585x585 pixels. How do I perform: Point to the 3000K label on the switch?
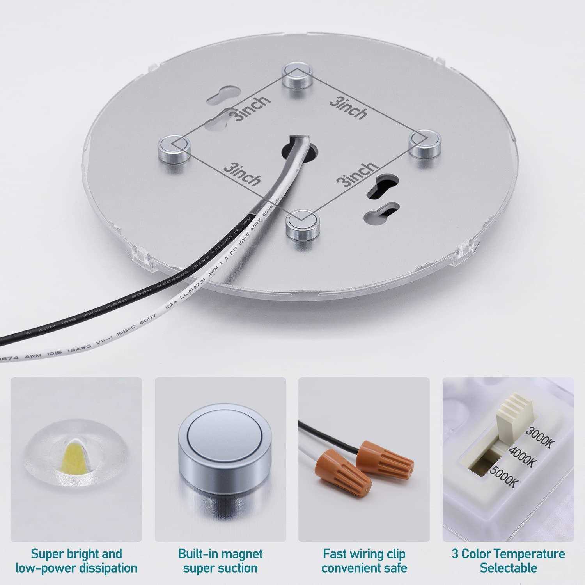[539, 437]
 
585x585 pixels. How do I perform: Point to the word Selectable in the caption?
[508, 568]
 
